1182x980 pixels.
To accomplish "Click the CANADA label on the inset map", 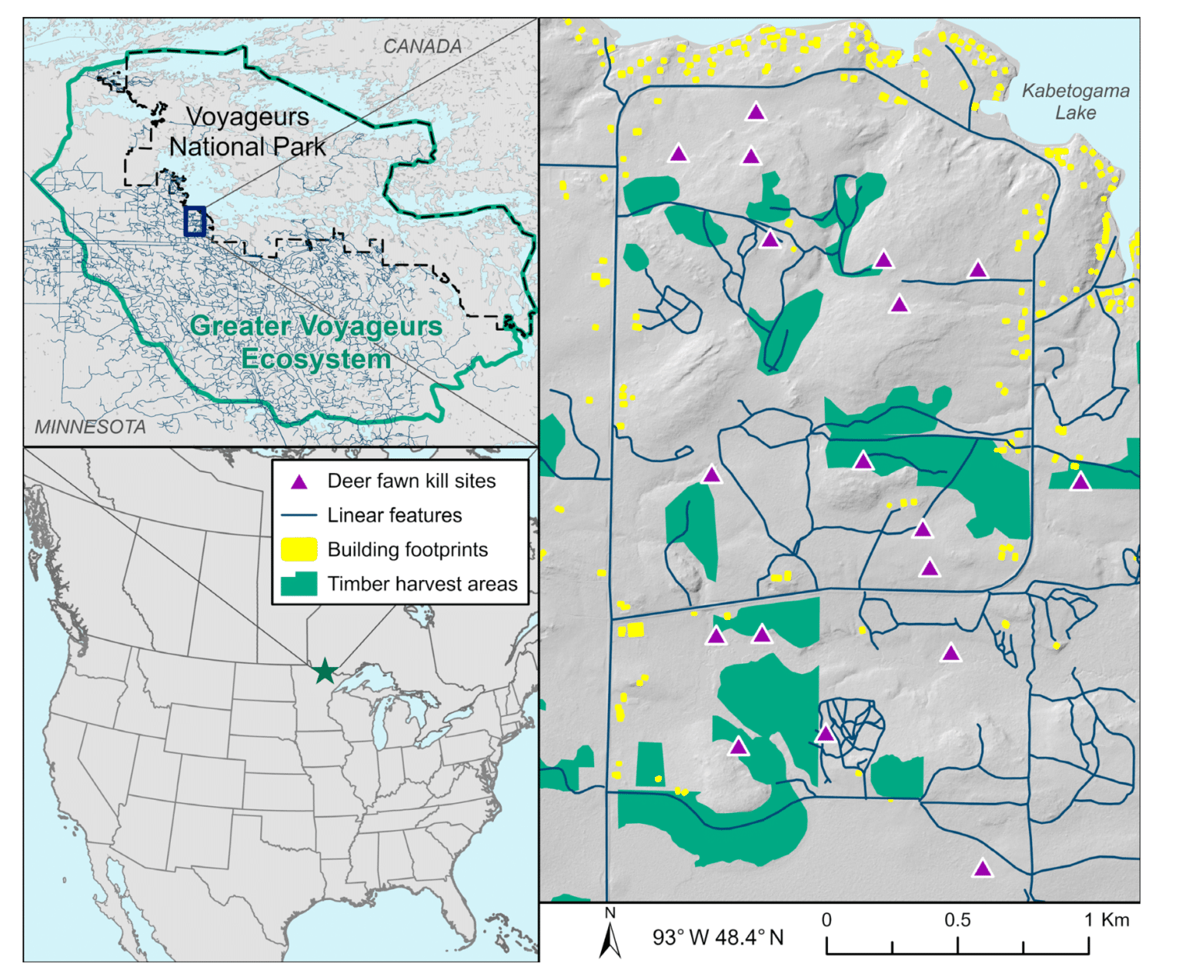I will point(422,46).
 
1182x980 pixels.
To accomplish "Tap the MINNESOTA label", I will point(90,427).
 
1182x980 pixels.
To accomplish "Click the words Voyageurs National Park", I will point(247,132).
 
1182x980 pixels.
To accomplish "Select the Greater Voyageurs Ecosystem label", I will point(316,342).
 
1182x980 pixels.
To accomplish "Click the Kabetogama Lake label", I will point(1075,102).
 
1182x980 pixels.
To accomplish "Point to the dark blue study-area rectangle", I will point(195,221).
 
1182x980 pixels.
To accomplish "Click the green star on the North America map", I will point(326,671).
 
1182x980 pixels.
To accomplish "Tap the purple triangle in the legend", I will point(299,482).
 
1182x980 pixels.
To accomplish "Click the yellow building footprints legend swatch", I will point(299,549).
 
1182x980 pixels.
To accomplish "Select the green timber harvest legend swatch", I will point(299,584).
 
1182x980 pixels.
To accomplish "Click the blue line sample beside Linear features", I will point(299,515).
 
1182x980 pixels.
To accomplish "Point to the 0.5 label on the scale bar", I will point(957,920).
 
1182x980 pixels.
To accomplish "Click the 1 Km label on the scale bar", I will point(1107,920).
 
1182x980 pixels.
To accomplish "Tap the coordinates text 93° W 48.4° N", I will point(718,938).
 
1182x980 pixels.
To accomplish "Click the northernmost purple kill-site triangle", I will point(756,112).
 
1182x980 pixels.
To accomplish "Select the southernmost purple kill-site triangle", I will point(982,869).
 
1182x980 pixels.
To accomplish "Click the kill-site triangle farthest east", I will point(1080,482).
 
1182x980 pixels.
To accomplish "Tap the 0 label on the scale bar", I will point(826,920).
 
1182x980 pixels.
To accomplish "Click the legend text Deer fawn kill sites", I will point(411,482).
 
